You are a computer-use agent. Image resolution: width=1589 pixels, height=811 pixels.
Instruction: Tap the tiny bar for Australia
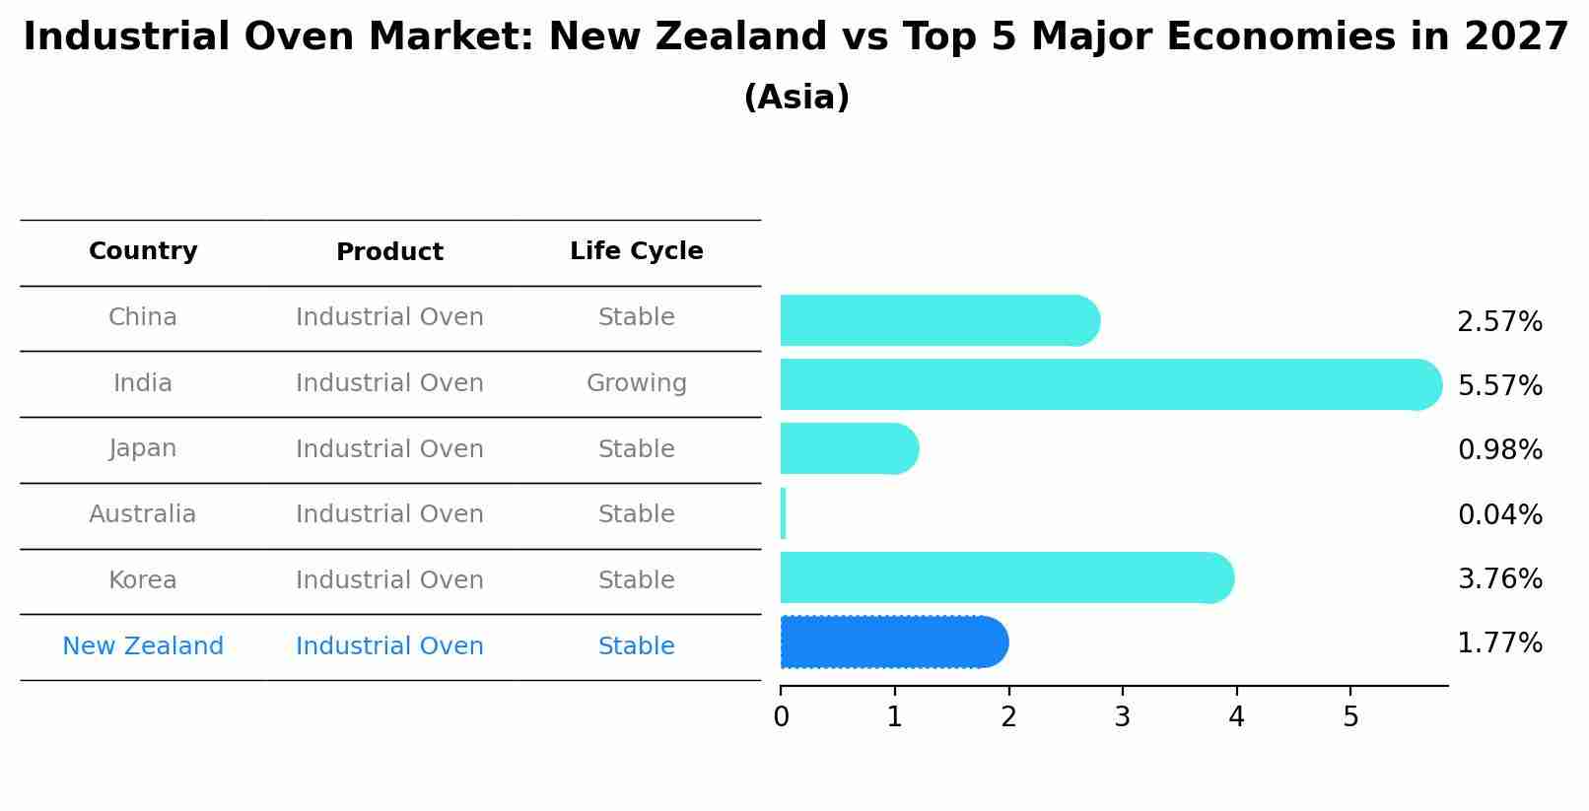[783, 513]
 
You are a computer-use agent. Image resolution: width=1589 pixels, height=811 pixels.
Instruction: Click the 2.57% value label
[1499, 322]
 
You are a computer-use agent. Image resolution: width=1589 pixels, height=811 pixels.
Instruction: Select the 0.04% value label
[1499, 514]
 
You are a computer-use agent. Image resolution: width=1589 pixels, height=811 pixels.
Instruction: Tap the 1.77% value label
[1499, 643]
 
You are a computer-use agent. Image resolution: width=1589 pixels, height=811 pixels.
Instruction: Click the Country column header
[143, 251]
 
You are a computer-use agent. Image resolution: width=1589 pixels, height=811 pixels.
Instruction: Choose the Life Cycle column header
[636, 251]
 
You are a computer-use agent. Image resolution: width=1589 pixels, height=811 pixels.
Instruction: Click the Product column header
[389, 252]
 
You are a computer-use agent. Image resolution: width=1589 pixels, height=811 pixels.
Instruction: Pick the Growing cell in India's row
[636, 383]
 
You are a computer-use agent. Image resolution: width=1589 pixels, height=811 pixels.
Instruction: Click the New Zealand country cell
[143, 646]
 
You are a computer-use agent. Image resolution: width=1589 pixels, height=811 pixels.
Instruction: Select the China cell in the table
[143, 317]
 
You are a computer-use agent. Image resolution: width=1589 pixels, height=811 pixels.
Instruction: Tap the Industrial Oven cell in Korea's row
[389, 580]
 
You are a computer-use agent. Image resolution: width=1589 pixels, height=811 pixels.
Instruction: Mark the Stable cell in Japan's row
[636, 449]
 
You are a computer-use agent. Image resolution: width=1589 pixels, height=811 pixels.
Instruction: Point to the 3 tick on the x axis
[1122, 717]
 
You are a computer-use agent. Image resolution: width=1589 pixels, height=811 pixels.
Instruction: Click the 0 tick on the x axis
[781, 717]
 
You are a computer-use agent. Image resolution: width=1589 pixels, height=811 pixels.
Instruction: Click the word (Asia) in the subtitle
[796, 98]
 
